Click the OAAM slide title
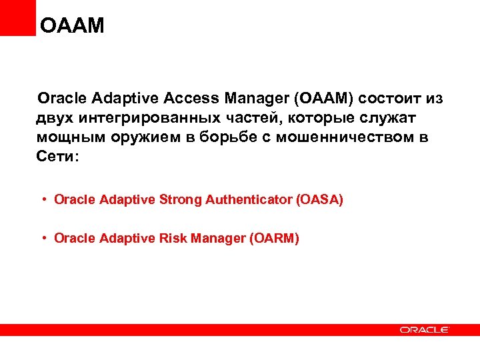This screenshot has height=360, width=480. point(73,26)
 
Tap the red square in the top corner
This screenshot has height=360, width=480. point(17,17)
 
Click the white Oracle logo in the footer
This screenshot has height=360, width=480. point(425,329)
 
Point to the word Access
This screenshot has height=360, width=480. point(191,99)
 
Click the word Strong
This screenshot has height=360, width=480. point(181,199)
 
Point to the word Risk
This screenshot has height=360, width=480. point(172,238)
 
